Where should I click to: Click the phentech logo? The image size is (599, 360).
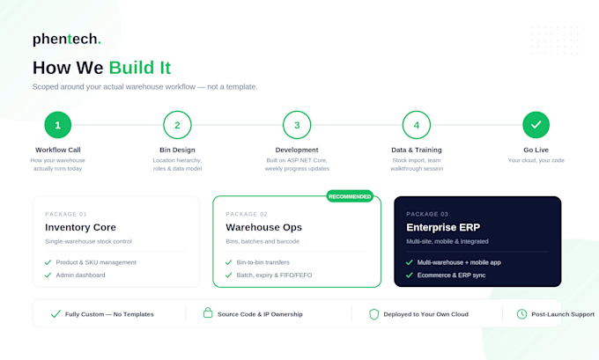point(67,39)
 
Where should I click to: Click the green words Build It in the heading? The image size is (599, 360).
point(140,68)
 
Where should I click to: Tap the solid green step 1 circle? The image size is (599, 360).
point(57,125)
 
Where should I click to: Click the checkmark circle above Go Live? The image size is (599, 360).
point(536,125)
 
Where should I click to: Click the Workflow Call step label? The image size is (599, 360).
point(58,150)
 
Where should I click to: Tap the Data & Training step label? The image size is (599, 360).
point(417,150)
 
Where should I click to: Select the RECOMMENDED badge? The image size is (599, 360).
point(350,196)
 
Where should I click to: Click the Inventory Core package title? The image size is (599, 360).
point(80,227)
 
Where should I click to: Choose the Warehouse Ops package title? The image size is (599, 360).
point(263,227)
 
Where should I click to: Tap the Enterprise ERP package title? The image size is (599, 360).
point(443,227)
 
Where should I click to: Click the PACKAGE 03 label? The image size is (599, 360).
point(427,214)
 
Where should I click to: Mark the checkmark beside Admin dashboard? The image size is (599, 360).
point(48,276)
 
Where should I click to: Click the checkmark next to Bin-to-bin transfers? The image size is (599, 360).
point(228,262)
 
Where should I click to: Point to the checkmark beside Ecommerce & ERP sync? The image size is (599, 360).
point(409,276)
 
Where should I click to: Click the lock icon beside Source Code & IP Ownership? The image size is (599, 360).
point(208,312)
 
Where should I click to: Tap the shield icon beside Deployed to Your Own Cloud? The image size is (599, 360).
point(374,314)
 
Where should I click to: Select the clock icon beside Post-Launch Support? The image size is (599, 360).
point(521,314)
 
